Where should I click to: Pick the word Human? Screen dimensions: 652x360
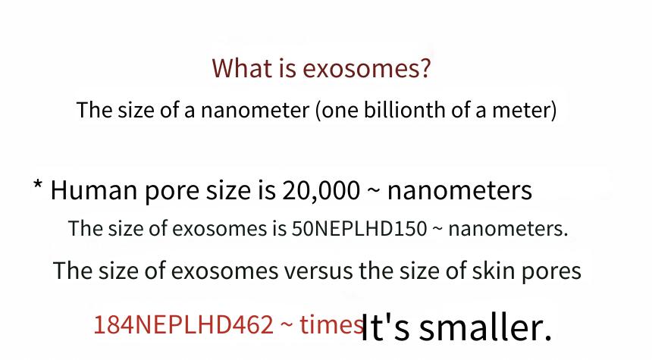click(94, 190)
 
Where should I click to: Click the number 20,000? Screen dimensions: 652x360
click(321, 191)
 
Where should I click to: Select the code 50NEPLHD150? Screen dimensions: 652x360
click(359, 228)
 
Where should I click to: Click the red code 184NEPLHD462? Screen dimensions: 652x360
click(183, 324)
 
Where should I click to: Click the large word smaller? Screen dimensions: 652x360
click(485, 327)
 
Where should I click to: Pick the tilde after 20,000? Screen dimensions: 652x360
click(374, 192)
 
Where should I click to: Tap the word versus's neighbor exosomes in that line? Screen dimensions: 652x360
click(224, 271)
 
